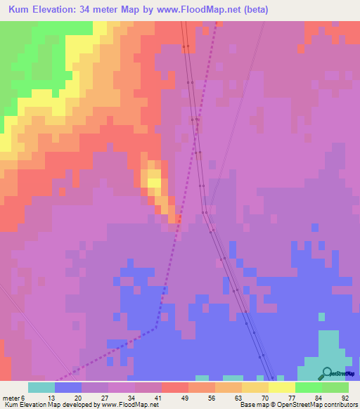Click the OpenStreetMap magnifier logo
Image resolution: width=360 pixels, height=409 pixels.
click(328, 373)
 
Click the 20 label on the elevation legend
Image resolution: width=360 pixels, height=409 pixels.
click(79, 397)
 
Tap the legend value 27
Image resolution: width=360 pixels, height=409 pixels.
click(105, 397)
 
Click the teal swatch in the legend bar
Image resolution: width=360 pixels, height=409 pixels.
click(41, 387)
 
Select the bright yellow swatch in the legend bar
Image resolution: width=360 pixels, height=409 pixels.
click(282, 387)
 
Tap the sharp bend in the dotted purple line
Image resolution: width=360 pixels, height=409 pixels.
click(157, 326)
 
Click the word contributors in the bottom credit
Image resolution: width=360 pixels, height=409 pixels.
click(340, 405)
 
